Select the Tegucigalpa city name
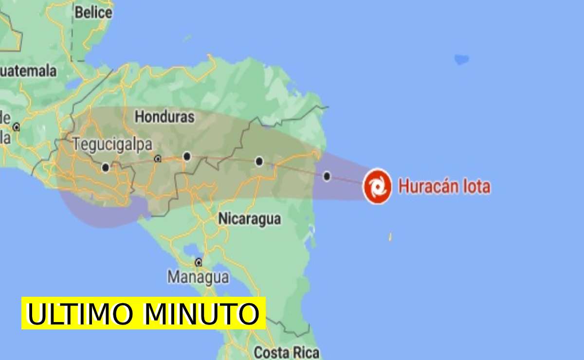pyautogui.click(x=112, y=144)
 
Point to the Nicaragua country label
pyautogui.click(x=249, y=219)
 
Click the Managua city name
pyautogui.click(x=198, y=277)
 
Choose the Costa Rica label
pyautogui.click(x=287, y=352)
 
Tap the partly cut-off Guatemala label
pyautogui.click(x=28, y=71)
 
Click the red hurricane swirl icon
pyautogui.click(x=377, y=186)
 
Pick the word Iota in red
pyautogui.click(x=475, y=187)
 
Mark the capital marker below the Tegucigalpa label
pyautogui.click(x=157, y=159)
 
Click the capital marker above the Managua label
pyautogui.click(x=198, y=262)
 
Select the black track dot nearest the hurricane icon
pyautogui.click(x=327, y=176)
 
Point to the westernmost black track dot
pyautogui.click(x=106, y=168)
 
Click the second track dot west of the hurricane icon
pyautogui.click(x=259, y=162)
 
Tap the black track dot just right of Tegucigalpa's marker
pyautogui.click(x=187, y=156)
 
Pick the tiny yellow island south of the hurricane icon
pyautogui.click(x=390, y=237)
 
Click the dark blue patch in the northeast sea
pyautogui.click(x=461, y=59)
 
